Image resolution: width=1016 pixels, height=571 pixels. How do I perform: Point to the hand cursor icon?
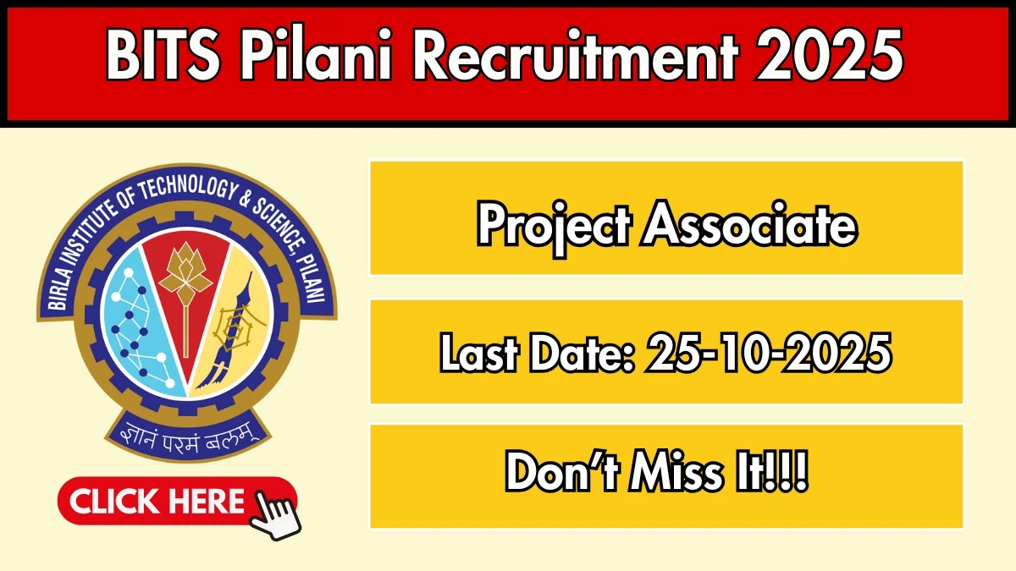(x=275, y=508)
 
